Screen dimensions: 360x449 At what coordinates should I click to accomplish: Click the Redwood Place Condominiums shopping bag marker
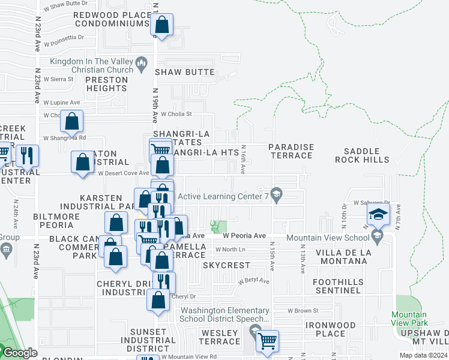tap(162, 26)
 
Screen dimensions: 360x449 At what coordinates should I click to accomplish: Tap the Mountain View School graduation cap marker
tap(378, 214)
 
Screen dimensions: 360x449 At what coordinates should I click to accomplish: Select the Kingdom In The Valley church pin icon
tap(142, 62)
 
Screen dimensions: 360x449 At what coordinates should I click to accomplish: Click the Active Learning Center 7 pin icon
tap(276, 195)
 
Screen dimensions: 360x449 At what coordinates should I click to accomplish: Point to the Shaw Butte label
tap(185, 72)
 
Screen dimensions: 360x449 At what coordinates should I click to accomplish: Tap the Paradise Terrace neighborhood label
tap(291, 151)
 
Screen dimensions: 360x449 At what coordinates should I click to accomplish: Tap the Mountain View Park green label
tap(409, 319)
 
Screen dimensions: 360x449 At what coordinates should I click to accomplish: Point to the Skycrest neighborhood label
tap(226, 265)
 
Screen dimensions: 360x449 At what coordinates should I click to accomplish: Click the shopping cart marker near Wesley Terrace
tap(268, 341)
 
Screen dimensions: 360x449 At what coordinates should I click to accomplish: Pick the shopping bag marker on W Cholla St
tap(71, 121)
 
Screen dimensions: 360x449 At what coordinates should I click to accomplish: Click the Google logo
tap(20, 353)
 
